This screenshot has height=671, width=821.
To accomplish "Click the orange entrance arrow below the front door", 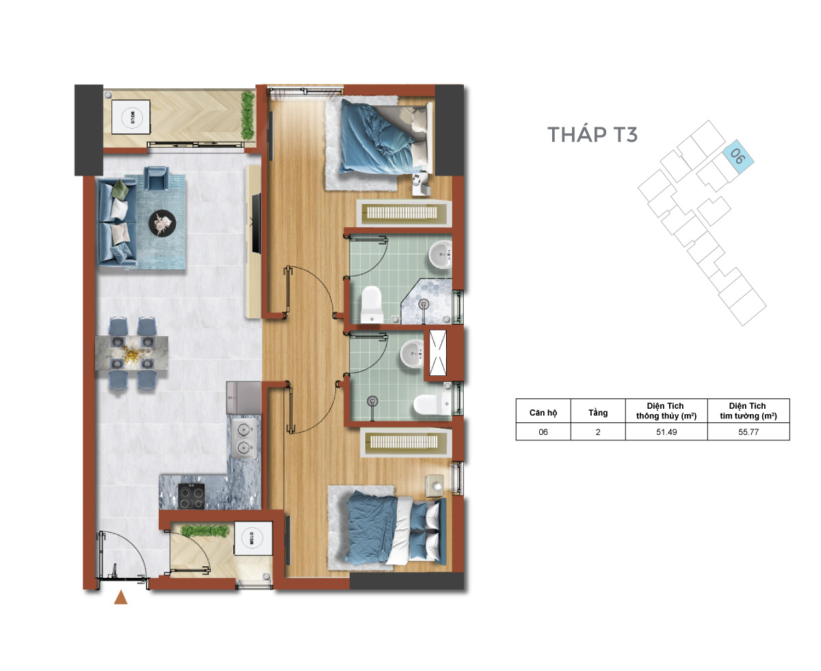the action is click(x=120, y=597).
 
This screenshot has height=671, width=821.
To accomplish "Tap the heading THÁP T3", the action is click(x=592, y=134).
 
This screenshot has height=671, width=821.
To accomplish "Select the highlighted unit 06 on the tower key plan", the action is click(x=738, y=157).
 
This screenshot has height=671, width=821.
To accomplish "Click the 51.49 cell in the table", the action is click(x=666, y=432).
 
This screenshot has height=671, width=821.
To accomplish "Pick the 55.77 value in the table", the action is click(x=748, y=432).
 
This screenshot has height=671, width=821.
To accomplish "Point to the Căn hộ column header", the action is click(x=543, y=413).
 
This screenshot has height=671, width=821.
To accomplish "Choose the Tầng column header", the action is click(x=597, y=413).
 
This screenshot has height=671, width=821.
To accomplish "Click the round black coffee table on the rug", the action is click(x=162, y=223).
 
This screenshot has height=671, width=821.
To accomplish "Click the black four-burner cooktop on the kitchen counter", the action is click(x=191, y=496).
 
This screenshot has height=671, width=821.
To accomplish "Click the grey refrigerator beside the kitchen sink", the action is click(x=244, y=397).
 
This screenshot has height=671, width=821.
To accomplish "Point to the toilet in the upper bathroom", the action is click(x=372, y=305).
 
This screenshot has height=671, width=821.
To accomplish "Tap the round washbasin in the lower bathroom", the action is click(x=412, y=353).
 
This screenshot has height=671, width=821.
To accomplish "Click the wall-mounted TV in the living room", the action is click(x=256, y=224).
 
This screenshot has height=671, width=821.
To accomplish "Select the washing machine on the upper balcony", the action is click(x=131, y=117).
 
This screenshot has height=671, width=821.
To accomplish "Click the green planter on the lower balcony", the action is click(x=205, y=531).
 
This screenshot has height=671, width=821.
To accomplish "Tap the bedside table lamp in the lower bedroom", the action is click(x=438, y=487).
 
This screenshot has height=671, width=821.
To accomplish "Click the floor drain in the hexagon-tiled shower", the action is click(x=423, y=304).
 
